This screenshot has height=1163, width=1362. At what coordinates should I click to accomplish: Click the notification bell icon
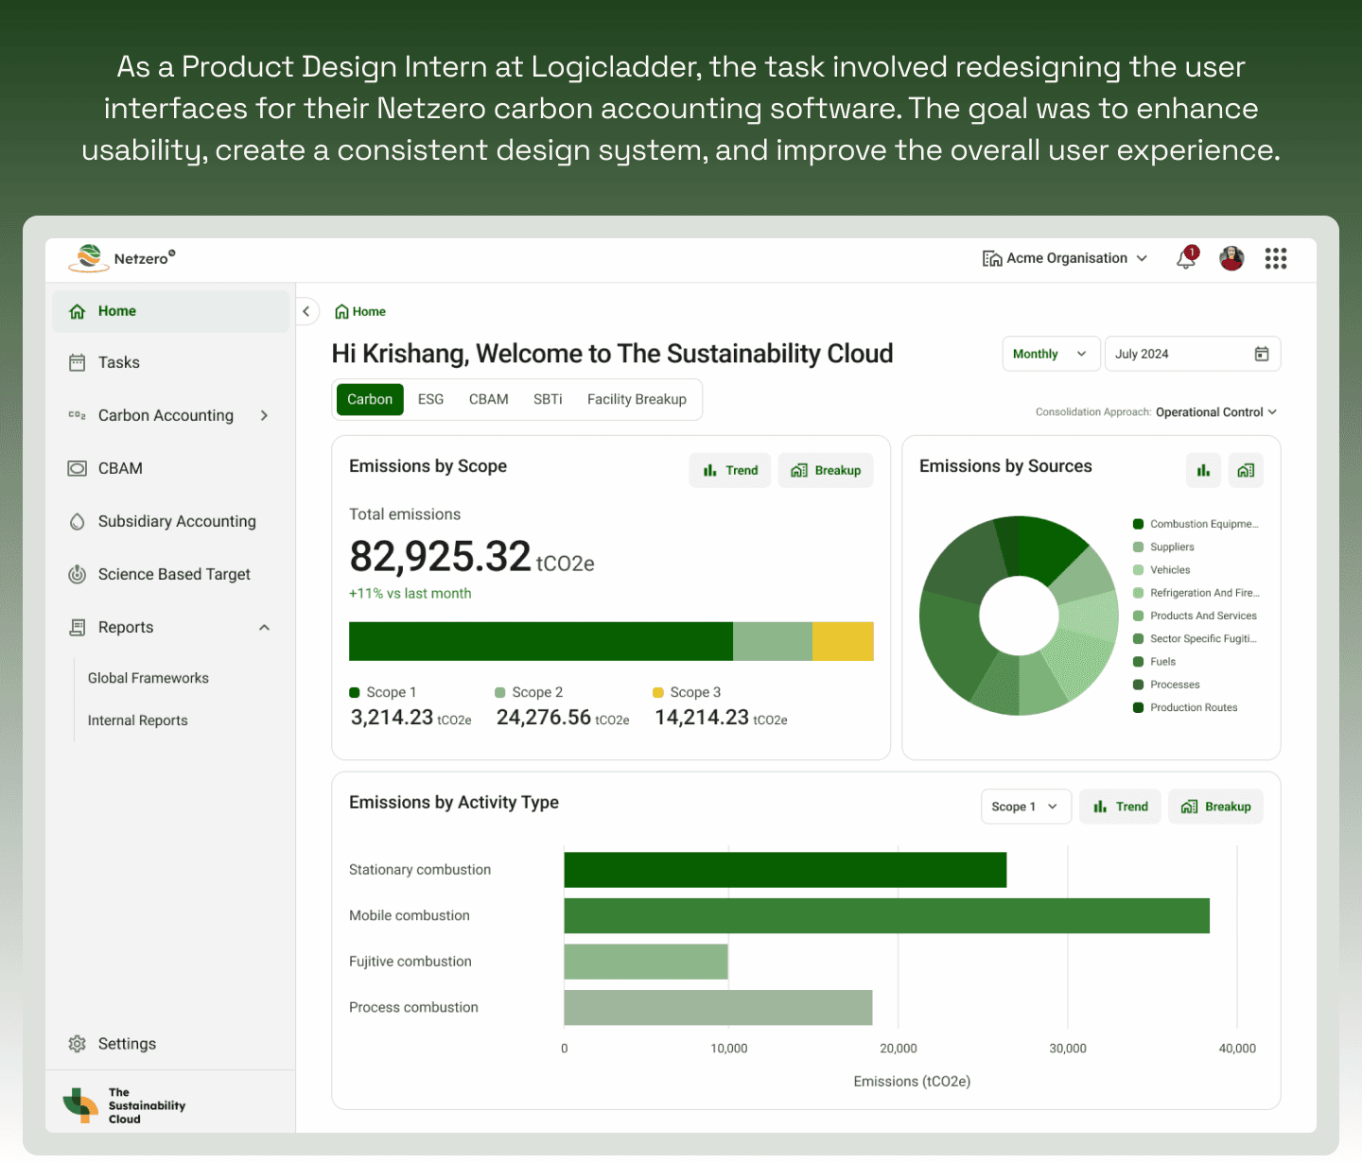[1186, 258]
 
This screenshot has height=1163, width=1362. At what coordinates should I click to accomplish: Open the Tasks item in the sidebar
[118, 362]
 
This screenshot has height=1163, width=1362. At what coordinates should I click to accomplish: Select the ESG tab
[430, 399]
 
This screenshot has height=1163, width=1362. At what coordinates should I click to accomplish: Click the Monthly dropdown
[1051, 354]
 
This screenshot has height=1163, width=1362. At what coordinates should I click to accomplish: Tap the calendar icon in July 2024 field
[1261, 354]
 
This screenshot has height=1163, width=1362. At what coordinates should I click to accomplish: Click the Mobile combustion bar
[886, 915]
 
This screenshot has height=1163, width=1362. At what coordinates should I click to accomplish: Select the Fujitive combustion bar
[646, 962]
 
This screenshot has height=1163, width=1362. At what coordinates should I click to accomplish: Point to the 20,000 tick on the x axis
[898, 1048]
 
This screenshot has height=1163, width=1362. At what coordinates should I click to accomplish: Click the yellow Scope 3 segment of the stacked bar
[843, 641]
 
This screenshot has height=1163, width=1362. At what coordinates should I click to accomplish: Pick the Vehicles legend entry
[1170, 570]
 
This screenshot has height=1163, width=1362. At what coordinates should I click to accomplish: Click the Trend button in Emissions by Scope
[730, 470]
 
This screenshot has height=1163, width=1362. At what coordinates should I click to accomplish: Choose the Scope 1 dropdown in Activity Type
[1025, 807]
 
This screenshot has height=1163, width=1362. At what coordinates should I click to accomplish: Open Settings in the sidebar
[127, 1044]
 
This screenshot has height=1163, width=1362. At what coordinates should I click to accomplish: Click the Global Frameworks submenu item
[148, 678]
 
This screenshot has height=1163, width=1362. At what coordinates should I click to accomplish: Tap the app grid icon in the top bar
[1276, 258]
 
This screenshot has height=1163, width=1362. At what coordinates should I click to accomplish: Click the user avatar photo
[1231, 258]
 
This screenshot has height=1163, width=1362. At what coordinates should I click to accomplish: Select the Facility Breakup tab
[637, 399]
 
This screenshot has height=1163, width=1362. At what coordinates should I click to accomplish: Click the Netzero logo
[121, 258]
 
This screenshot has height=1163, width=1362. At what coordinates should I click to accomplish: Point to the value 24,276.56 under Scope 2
[544, 718]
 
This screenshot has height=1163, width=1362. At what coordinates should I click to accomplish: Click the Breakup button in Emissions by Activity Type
[1215, 807]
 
